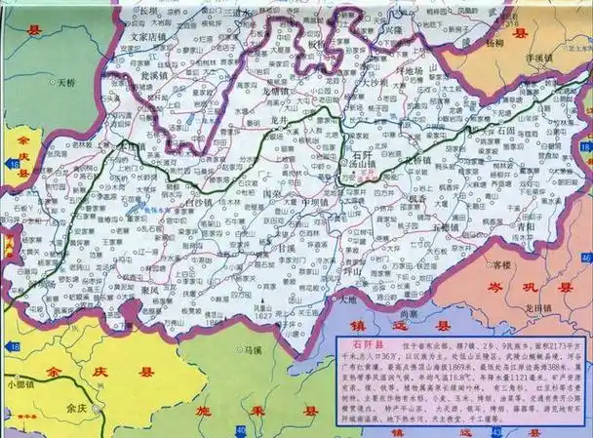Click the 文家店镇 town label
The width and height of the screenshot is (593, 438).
pos(147,40)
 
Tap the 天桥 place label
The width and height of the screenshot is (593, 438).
pos(67,84)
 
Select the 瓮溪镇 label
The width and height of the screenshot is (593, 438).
pos(155,72)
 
